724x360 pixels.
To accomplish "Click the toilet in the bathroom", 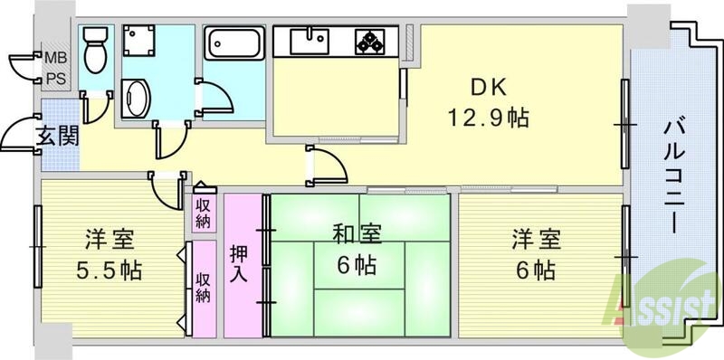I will coord(94,51).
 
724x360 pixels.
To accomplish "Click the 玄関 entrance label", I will coord(56,136).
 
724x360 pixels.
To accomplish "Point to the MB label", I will coord(56,61).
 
